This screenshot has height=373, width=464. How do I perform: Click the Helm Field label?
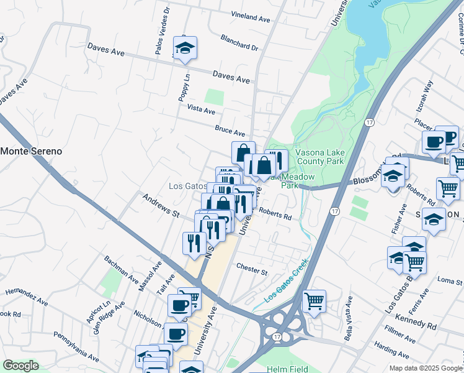pos(287,369)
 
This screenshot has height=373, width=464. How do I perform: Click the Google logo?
pos(20,366)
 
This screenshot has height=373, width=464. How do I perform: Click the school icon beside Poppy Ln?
pos(184,48)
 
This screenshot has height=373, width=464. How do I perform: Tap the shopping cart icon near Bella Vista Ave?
pos(315,301)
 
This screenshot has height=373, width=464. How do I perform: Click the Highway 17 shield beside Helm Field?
pos(277,336)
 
